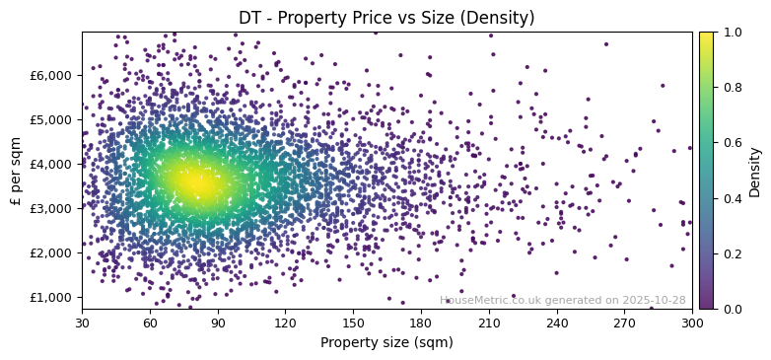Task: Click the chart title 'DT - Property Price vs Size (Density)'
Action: [x=386, y=18]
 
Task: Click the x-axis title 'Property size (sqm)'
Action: [x=386, y=342]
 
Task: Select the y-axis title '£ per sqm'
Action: [x=16, y=171]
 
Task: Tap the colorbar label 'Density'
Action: [x=755, y=171]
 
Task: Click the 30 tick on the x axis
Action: [x=82, y=322]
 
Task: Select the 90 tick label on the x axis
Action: [x=218, y=322]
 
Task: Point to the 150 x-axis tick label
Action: [x=353, y=322]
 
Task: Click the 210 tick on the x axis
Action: [x=489, y=322]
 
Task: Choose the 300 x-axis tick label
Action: [x=692, y=322]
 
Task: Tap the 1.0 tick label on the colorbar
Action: [x=731, y=32]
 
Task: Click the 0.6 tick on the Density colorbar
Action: [x=731, y=143]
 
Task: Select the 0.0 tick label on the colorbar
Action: [x=731, y=309]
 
